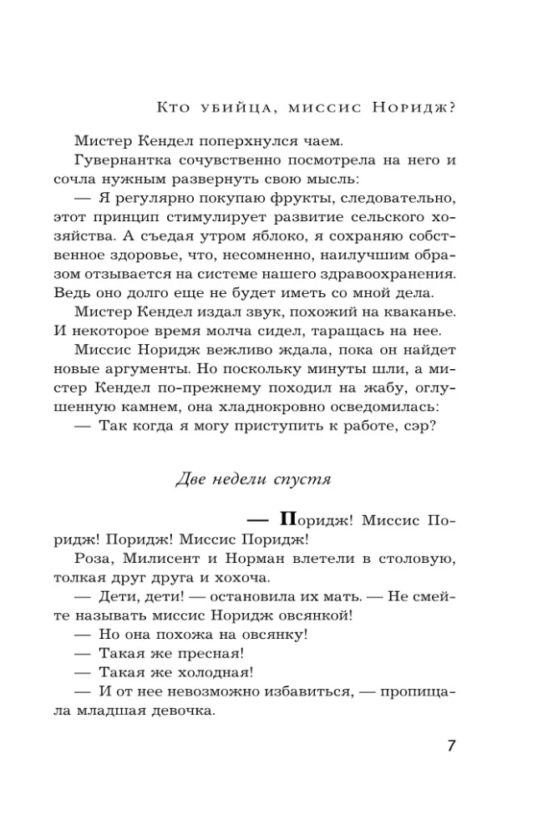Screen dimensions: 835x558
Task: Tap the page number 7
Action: coord(451,745)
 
